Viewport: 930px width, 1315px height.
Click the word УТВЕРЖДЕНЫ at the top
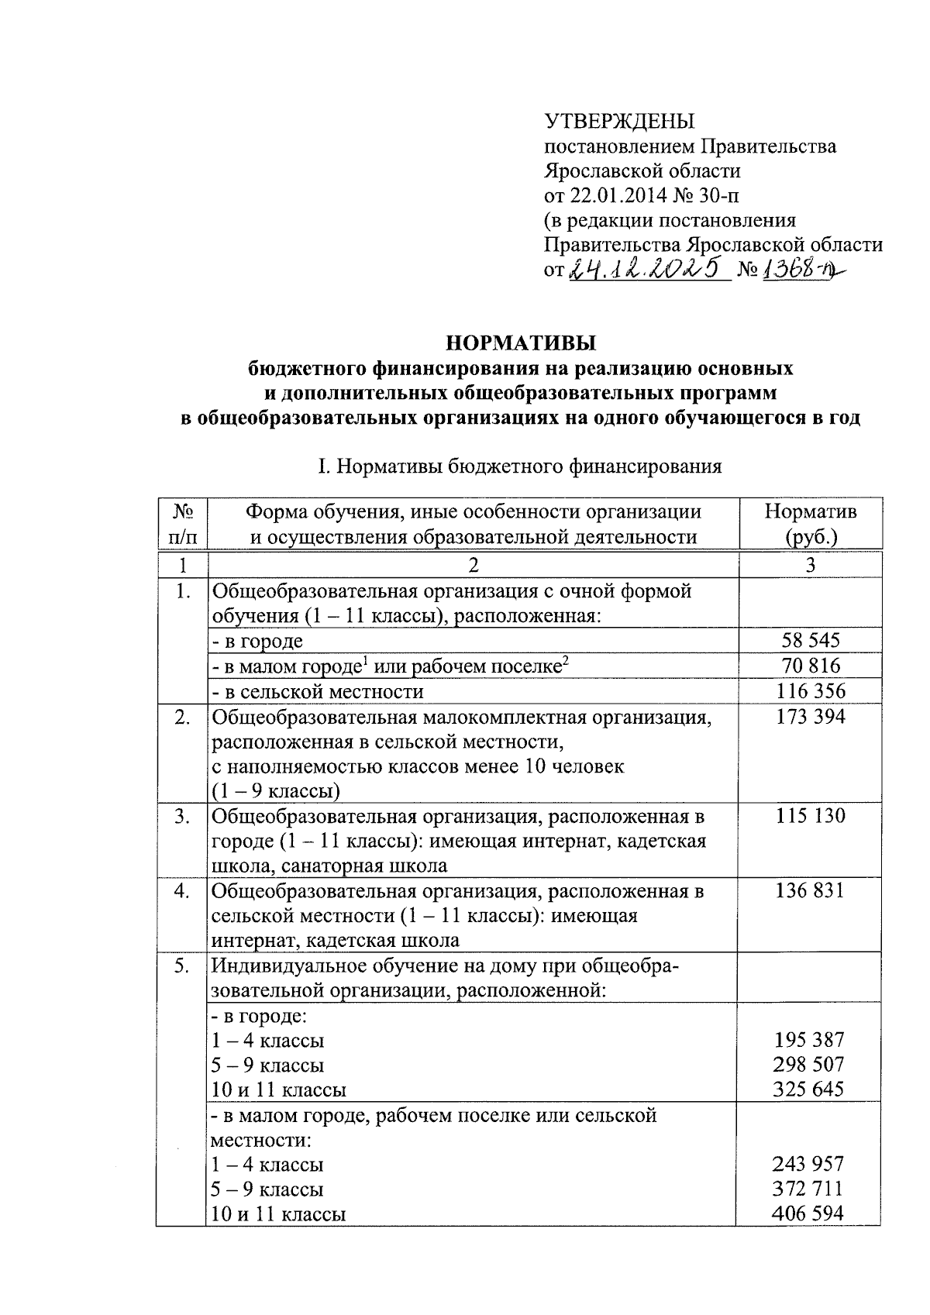pos(619,122)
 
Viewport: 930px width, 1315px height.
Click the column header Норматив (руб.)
pos(810,524)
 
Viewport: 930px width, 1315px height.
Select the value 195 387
pos(809,1040)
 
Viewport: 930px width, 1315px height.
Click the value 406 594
pos(809,1213)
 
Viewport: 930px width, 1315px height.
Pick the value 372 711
pos(809,1189)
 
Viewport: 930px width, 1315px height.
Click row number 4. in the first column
pos(182,890)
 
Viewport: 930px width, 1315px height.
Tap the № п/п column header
pos(182,524)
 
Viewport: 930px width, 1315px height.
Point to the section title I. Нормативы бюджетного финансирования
pos(520,466)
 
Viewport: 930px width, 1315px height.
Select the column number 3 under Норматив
pos(810,565)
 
